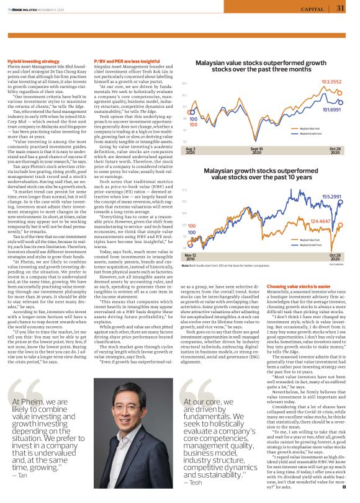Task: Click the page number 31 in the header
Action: point(340,8)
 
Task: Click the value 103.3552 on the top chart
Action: point(331,82)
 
